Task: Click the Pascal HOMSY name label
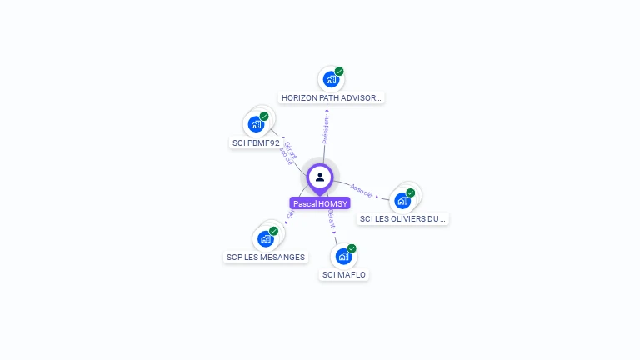tap(320, 203)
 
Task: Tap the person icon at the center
tap(320, 177)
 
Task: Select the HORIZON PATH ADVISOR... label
tap(331, 97)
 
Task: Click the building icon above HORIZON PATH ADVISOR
tap(331, 80)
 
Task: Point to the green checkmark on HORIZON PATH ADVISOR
tap(339, 72)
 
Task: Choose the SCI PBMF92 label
tap(255, 142)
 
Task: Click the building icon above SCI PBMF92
tap(256, 124)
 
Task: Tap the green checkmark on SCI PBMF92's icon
tap(264, 117)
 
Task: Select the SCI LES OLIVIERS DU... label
tap(402, 218)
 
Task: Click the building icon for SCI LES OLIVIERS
tap(402, 201)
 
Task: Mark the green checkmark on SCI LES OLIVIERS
tap(411, 192)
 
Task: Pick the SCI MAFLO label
tap(344, 274)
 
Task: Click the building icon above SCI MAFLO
tap(343, 257)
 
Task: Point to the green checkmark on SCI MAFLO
tap(352, 248)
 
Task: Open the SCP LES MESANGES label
tap(266, 257)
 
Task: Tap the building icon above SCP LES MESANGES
tap(266, 239)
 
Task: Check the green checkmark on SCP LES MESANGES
tap(274, 231)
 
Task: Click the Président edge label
tap(326, 129)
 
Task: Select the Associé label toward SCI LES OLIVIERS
tap(362, 190)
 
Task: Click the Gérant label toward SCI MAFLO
tap(332, 218)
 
